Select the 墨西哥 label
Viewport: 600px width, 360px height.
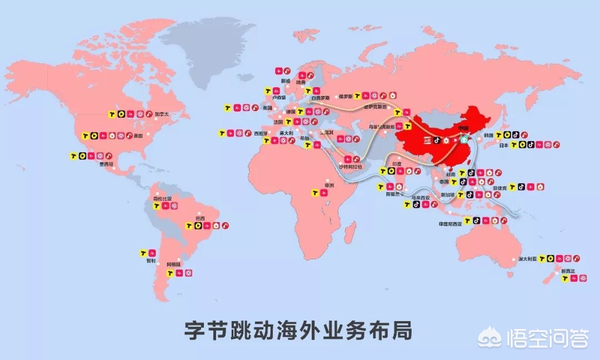(x=107, y=164)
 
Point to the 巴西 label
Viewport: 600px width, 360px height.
(x=193, y=218)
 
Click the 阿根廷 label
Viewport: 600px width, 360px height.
(x=174, y=264)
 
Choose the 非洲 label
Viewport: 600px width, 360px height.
(x=329, y=186)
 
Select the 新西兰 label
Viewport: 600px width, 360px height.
(x=568, y=271)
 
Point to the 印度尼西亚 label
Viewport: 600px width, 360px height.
(x=450, y=224)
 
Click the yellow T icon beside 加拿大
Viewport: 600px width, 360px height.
(x=112, y=114)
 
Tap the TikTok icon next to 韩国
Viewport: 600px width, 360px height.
(x=516, y=134)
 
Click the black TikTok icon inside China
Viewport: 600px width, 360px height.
(x=437, y=141)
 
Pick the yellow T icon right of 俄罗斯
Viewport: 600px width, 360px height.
(x=358, y=96)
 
